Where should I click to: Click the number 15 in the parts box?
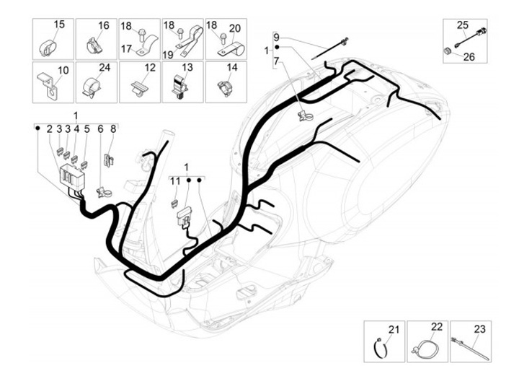point(60,25)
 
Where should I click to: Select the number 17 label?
point(125,49)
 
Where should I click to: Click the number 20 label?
point(234,26)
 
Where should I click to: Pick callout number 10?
point(62,70)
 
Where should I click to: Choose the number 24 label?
point(105,69)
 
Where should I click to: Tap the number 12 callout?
point(149,68)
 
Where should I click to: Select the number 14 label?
point(232,68)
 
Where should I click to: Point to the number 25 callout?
point(462,25)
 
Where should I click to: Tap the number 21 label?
point(392,330)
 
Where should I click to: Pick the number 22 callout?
point(435,328)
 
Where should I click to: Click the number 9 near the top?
point(275,36)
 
